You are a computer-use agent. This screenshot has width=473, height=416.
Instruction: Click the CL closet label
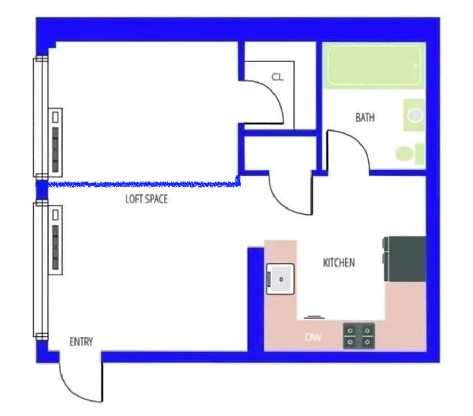tap(278, 77)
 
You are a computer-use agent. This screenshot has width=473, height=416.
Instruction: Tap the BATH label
tap(365, 118)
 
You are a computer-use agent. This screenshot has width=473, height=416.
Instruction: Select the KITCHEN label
tap(339, 263)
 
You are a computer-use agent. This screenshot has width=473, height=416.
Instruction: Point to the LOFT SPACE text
tap(146, 199)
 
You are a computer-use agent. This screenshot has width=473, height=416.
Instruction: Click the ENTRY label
tap(81, 342)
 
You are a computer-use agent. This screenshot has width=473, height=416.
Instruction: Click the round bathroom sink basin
tap(415, 115)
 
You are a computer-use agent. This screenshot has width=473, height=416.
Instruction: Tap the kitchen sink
tap(280, 279)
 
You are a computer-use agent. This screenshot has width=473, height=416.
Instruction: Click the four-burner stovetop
tap(358, 335)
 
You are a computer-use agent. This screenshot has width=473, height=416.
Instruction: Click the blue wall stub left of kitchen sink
tap(255, 296)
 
